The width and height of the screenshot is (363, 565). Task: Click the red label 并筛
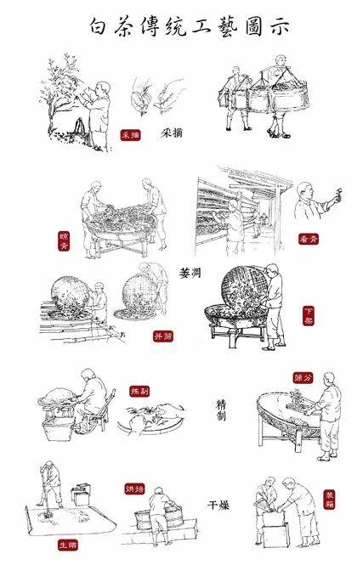tap(158, 336)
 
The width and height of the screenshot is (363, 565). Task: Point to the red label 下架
tap(310, 318)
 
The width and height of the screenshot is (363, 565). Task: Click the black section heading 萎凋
tap(192, 274)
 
